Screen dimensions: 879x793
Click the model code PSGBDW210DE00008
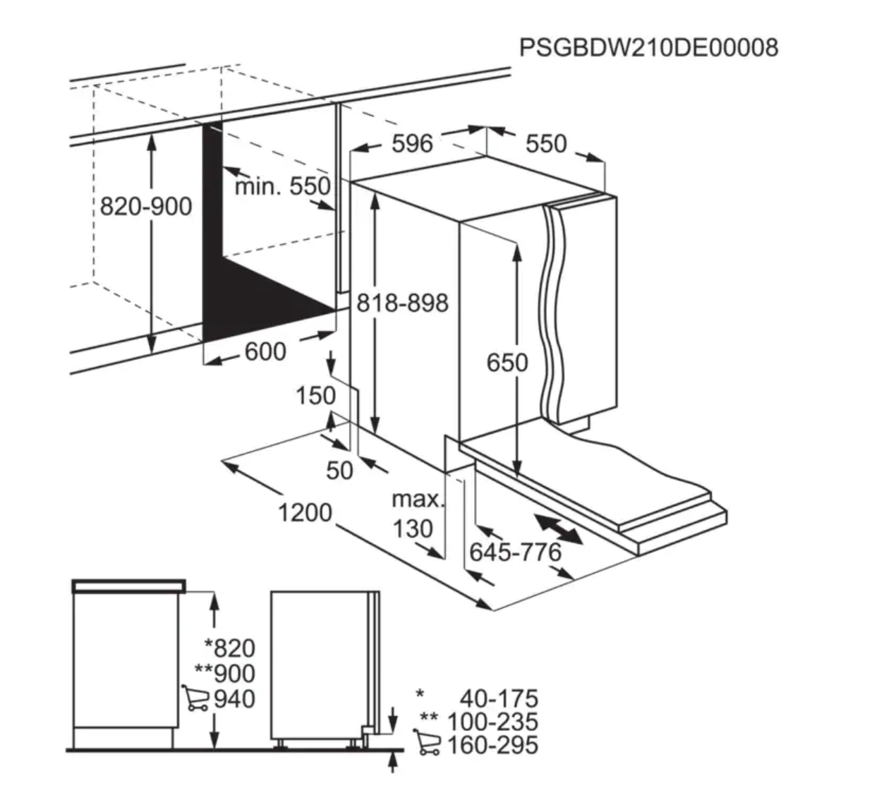coord(648,47)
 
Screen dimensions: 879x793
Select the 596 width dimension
coord(412,143)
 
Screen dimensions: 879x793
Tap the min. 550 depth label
coord(283,186)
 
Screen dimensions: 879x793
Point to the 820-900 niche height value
coord(146,206)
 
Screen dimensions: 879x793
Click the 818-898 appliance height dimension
coord(403,303)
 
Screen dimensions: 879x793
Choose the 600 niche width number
coord(265,351)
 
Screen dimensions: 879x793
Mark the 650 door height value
coord(507,363)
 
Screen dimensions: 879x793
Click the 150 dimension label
coord(316,395)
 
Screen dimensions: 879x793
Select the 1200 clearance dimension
coord(305,512)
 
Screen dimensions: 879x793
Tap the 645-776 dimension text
coord(515,552)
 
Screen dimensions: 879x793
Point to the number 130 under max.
coord(413,528)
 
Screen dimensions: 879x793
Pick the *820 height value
coord(230,648)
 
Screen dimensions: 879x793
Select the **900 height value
coord(224,673)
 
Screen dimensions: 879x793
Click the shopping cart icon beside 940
coord(195,698)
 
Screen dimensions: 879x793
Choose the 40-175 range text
coord(499,698)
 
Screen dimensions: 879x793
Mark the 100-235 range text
coord(492,722)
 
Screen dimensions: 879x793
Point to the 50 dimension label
coord(339,471)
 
